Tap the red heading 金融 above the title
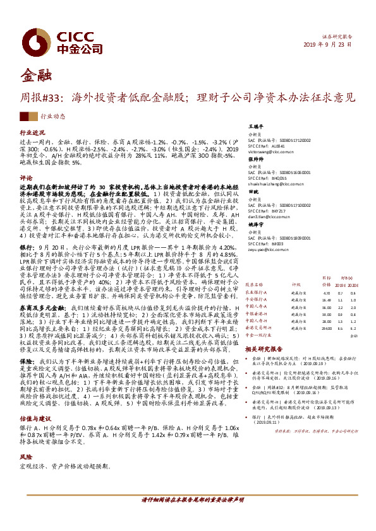(33, 77)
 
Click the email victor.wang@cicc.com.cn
(269, 151)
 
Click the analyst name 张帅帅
(254, 160)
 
